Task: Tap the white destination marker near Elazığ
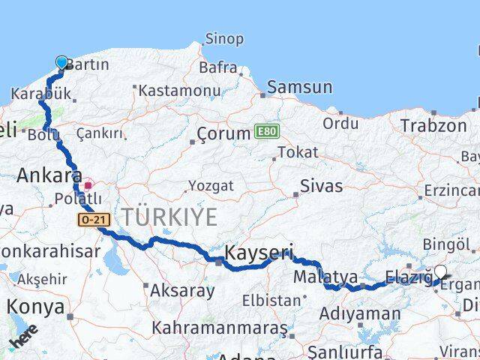(440, 272)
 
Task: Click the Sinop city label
(223, 39)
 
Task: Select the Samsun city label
(299, 87)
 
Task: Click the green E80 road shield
(265, 130)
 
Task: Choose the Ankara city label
(49, 175)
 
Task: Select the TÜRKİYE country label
(169, 217)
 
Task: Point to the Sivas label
(321, 185)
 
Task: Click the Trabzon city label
(433, 125)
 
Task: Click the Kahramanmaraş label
(220, 328)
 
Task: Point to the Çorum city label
(223, 134)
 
